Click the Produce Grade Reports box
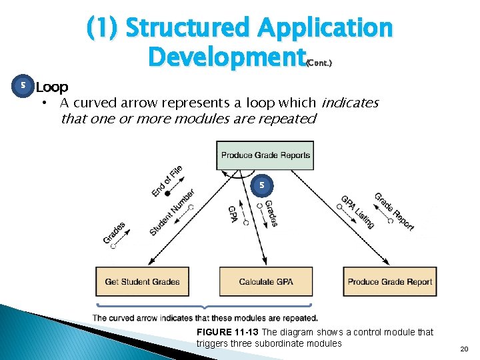265,155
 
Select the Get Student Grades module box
142,281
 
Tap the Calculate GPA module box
265,281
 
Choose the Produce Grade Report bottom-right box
390,281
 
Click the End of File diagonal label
167,181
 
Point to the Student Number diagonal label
172,212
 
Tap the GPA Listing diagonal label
358,211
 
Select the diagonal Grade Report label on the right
394,211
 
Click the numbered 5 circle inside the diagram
262,184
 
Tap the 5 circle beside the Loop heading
23,86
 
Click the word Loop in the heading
51,87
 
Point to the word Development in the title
225,57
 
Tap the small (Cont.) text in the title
318,63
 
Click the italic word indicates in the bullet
350,103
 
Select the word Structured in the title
187,28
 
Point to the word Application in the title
325,28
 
